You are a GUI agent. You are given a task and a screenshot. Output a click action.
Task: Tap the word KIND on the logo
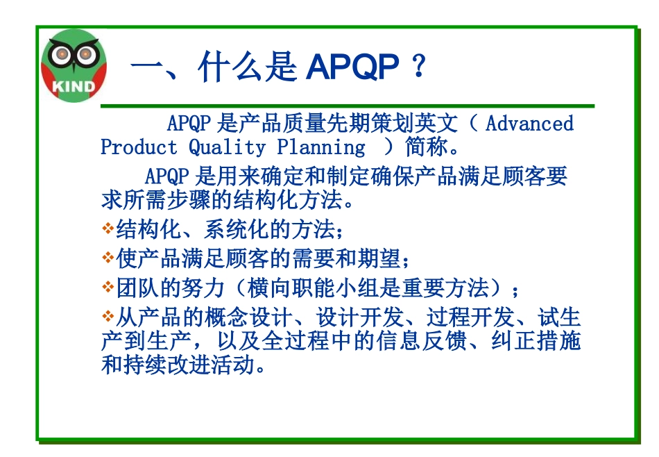tap(73, 87)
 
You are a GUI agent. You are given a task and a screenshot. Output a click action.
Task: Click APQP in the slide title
tap(352, 67)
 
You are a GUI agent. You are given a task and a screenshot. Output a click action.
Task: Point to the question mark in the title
tap(418, 67)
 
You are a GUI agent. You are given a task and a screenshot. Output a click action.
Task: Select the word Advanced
tap(529, 124)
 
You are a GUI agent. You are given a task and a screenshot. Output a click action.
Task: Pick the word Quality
tap(227, 147)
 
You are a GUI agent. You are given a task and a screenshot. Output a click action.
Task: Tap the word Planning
tap(320, 147)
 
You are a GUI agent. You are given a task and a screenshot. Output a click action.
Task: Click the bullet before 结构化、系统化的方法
tap(108, 228)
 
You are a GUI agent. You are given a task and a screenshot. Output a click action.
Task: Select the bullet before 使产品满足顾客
tap(108, 258)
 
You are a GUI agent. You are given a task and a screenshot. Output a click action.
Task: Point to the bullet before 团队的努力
tap(108, 286)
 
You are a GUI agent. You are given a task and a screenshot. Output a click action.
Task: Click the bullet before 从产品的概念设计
tap(108, 317)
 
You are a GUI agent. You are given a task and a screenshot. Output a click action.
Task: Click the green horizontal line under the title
tap(347, 106)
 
